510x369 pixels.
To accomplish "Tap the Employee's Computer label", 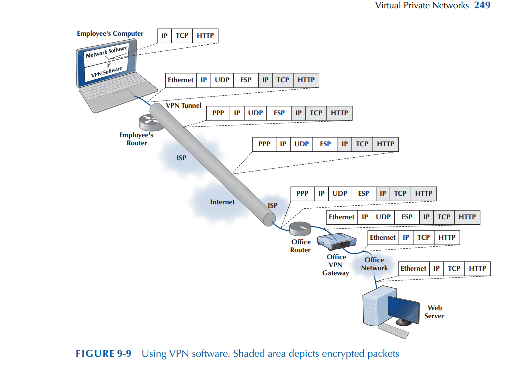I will point(110,34).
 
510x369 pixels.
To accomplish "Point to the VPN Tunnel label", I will point(184,106).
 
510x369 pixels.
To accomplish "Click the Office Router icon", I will point(300,229).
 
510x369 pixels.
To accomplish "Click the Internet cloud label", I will point(222,202).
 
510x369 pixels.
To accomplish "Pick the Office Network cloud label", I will point(374,264).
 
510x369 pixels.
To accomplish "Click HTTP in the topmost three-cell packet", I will point(205,36).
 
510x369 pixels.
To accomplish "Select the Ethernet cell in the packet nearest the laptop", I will point(180,80).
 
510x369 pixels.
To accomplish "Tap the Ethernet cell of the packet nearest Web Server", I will point(413,269).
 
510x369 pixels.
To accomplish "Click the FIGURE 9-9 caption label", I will point(103,354).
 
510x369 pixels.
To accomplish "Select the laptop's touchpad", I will point(122,96).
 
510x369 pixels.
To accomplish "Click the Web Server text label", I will point(434,312).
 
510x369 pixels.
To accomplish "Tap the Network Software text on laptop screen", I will point(106,52).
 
